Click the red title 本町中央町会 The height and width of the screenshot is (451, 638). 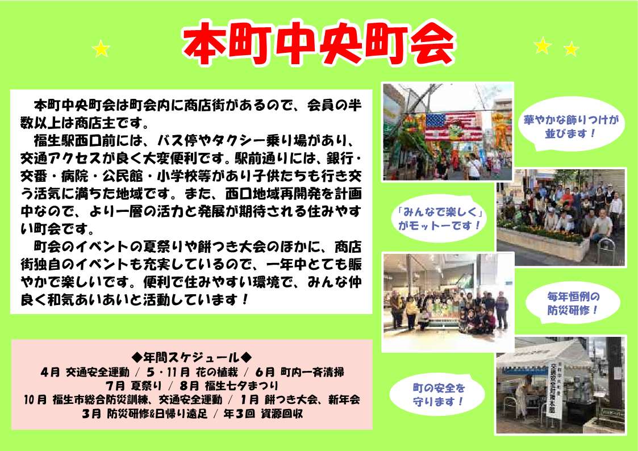tap(319, 44)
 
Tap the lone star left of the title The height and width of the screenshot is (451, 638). tap(101, 49)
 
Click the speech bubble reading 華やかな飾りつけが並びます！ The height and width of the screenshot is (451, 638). tap(571, 126)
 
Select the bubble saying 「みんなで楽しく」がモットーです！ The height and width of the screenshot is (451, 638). tap(439, 218)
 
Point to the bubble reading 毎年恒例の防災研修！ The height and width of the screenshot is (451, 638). tap(573, 303)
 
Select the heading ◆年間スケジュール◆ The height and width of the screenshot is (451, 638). tap(191, 357)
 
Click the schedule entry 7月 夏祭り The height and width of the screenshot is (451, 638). tap(134, 386)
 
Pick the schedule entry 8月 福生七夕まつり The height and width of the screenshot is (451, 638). tap(229, 386)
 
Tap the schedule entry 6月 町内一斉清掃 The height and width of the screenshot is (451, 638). tap(300, 371)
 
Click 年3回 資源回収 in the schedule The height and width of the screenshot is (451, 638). tap(263, 414)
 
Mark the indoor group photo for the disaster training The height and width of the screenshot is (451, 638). tap(448, 302)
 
